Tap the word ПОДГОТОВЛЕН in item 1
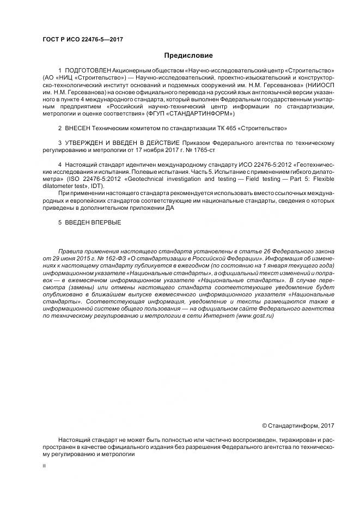click(88, 71)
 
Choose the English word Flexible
click(317, 178)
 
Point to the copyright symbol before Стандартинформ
click(265, 426)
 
